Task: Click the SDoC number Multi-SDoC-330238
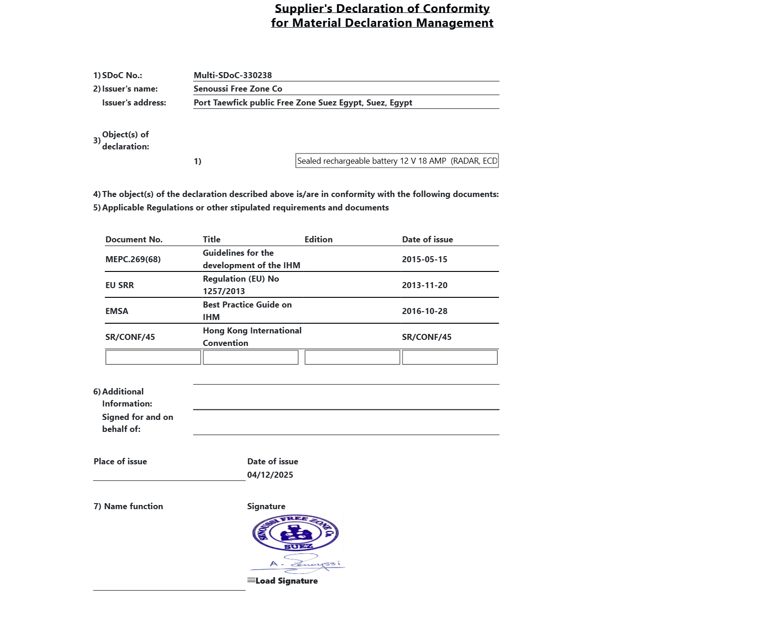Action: click(233, 75)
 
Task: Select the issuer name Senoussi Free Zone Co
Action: click(238, 89)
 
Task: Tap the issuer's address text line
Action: click(303, 103)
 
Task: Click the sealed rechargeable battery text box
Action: click(397, 161)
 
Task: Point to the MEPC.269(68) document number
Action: click(133, 259)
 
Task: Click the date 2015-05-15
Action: click(424, 259)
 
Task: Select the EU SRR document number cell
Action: click(120, 285)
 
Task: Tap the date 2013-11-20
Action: click(424, 285)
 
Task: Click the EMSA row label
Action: click(117, 311)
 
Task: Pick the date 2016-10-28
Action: click(424, 311)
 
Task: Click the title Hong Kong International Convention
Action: click(252, 337)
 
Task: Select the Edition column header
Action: click(318, 240)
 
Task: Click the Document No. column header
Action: click(134, 240)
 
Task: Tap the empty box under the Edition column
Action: click(352, 357)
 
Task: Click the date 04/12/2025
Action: click(270, 475)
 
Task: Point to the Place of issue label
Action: click(120, 462)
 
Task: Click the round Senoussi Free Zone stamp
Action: click(295, 533)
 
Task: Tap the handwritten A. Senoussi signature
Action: click(305, 564)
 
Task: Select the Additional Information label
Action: click(123, 397)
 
